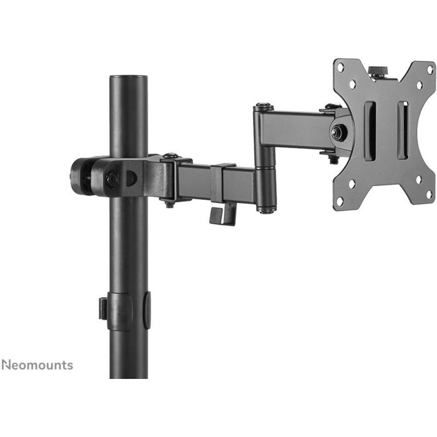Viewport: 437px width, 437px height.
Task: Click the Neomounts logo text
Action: pos(37,365)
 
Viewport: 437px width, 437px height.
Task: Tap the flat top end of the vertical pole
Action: pos(129,78)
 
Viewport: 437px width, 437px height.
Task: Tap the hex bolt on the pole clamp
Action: pos(113,179)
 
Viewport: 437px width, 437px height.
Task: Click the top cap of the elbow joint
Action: pos(262,107)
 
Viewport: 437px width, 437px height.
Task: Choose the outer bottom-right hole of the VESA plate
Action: pos(430,194)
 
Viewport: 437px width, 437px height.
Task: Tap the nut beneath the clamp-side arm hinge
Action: pos(169,202)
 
